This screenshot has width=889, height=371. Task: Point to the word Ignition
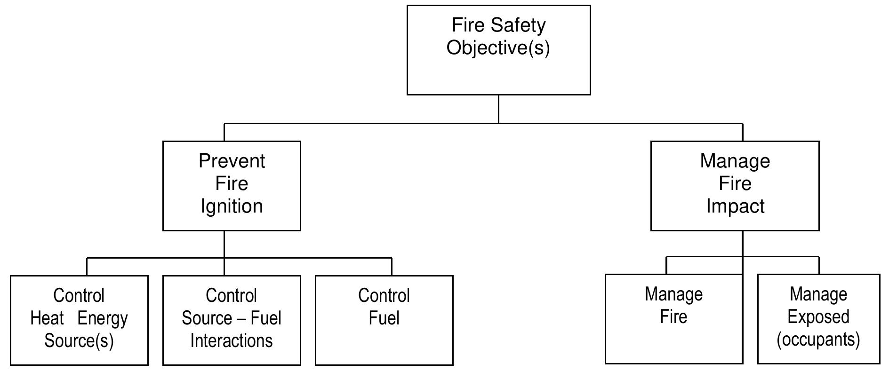(x=232, y=206)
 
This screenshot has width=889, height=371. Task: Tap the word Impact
(x=735, y=206)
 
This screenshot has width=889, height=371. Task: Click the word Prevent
(x=232, y=161)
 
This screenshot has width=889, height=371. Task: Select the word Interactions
(x=232, y=340)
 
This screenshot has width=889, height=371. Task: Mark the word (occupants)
(x=818, y=339)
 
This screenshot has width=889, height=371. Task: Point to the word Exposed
(x=818, y=317)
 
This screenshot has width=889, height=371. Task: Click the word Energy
(x=103, y=319)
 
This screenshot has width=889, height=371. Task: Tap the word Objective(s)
(x=498, y=47)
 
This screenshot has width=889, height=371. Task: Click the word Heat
(x=47, y=318)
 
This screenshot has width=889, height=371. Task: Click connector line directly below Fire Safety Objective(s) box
(x=498, y=109)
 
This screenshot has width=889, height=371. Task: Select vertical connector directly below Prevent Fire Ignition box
(x=224, y=244)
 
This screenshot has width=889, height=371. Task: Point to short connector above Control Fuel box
(x=392, y=267)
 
